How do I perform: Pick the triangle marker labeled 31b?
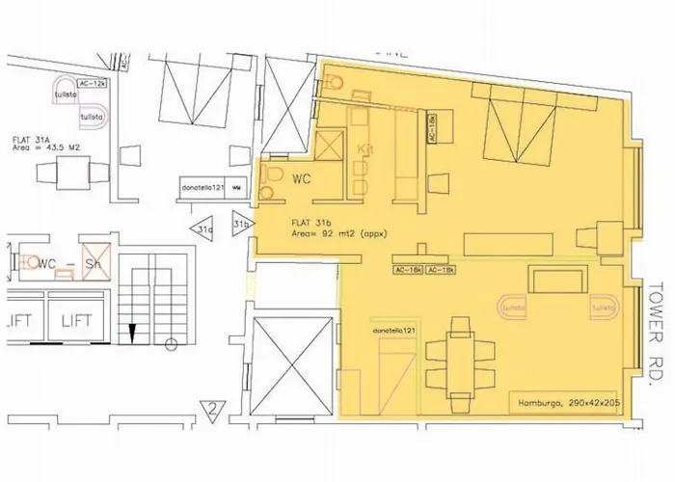click(241, 224)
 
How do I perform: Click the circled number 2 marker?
click(209, 417)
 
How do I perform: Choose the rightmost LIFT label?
click(74, 320)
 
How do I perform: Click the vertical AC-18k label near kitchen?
click(431, 126)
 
